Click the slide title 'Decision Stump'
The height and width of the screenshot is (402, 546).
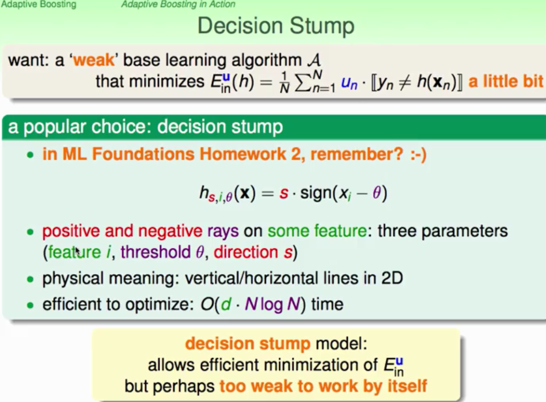tap(276, 26)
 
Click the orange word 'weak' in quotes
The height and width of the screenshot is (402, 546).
tap(94, 60)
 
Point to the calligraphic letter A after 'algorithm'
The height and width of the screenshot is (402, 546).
tap(314, 60)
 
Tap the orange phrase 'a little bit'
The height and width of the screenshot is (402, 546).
tap(506, 81)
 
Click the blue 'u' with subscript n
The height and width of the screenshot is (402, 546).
tap(349, 84)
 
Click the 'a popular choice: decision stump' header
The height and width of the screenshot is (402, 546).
tap(145, 127)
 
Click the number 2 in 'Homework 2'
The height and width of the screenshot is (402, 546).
tap(295, 154)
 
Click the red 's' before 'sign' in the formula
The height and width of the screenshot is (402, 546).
tap(284, 194)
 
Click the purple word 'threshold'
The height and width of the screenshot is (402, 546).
tap(156, 252)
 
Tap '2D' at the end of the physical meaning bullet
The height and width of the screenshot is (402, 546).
tap(392, 278)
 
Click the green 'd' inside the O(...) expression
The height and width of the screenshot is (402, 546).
tap(226, 304)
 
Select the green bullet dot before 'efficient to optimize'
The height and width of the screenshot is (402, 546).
tap(31, 305)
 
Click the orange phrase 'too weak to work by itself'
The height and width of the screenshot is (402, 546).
tap(323, 386)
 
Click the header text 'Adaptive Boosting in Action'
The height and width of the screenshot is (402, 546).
tap(179, 4)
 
